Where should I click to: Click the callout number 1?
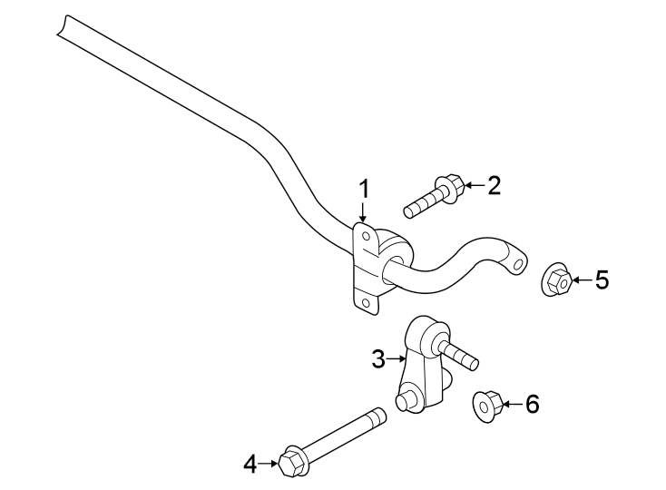(364, 191)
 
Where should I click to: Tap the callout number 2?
(494, 186)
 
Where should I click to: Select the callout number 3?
(378, 359)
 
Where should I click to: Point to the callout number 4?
(251, 465)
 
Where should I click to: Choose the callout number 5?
(602, 280)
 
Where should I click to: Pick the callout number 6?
(532, 404)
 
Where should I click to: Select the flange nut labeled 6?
(487, 406)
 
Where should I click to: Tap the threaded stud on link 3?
(462, 356)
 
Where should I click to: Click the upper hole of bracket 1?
(365, 237)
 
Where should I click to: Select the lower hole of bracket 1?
(364, 302)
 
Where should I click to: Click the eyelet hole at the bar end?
(518, 265)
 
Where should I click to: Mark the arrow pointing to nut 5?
(580, 281)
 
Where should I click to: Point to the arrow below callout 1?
(363, 214)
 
